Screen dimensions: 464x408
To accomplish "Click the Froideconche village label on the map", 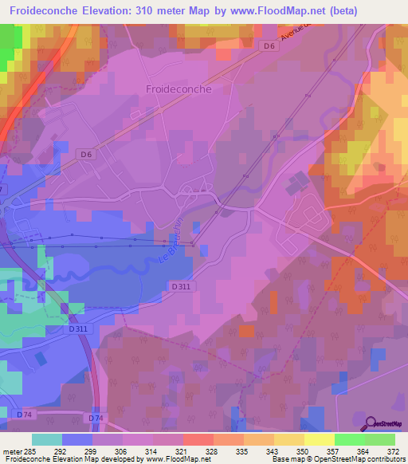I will [178, 89].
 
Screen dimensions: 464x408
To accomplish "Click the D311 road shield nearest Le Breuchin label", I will [181, 285].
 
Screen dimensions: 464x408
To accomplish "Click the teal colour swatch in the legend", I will [47, 439].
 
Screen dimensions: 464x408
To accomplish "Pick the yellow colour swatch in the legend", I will [320, 439].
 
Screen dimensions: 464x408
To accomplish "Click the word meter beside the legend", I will [10, 450].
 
